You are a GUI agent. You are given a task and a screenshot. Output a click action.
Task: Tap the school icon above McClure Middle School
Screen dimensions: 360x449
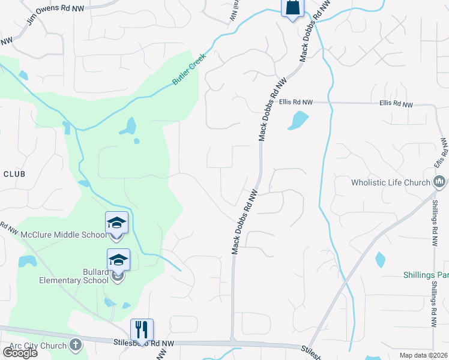coord(116,223)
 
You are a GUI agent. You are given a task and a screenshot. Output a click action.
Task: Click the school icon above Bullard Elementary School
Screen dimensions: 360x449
coord(118,260)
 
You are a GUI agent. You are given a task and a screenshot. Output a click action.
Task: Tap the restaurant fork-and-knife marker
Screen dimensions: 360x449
coord(142,329)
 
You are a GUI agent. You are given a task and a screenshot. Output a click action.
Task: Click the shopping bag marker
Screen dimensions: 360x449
coord(293,7)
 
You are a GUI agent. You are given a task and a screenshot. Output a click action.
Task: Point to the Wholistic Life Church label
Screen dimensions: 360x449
coord(391,182)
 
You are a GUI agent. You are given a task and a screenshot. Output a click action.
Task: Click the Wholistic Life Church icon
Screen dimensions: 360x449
coord(439,181)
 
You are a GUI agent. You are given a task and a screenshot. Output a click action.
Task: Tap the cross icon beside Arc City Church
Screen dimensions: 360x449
coord(76,344)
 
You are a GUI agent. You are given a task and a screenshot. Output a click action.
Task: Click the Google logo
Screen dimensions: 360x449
coord(20,353)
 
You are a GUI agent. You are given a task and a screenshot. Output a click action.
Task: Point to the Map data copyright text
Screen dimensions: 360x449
coord(424,355)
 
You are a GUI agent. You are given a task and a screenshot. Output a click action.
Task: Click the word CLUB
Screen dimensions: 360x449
coord(14,174)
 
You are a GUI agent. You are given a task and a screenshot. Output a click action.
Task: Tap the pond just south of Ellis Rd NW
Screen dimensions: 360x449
coord(297,120)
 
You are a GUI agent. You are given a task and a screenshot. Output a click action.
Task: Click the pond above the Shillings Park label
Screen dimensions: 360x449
coord(380,260)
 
